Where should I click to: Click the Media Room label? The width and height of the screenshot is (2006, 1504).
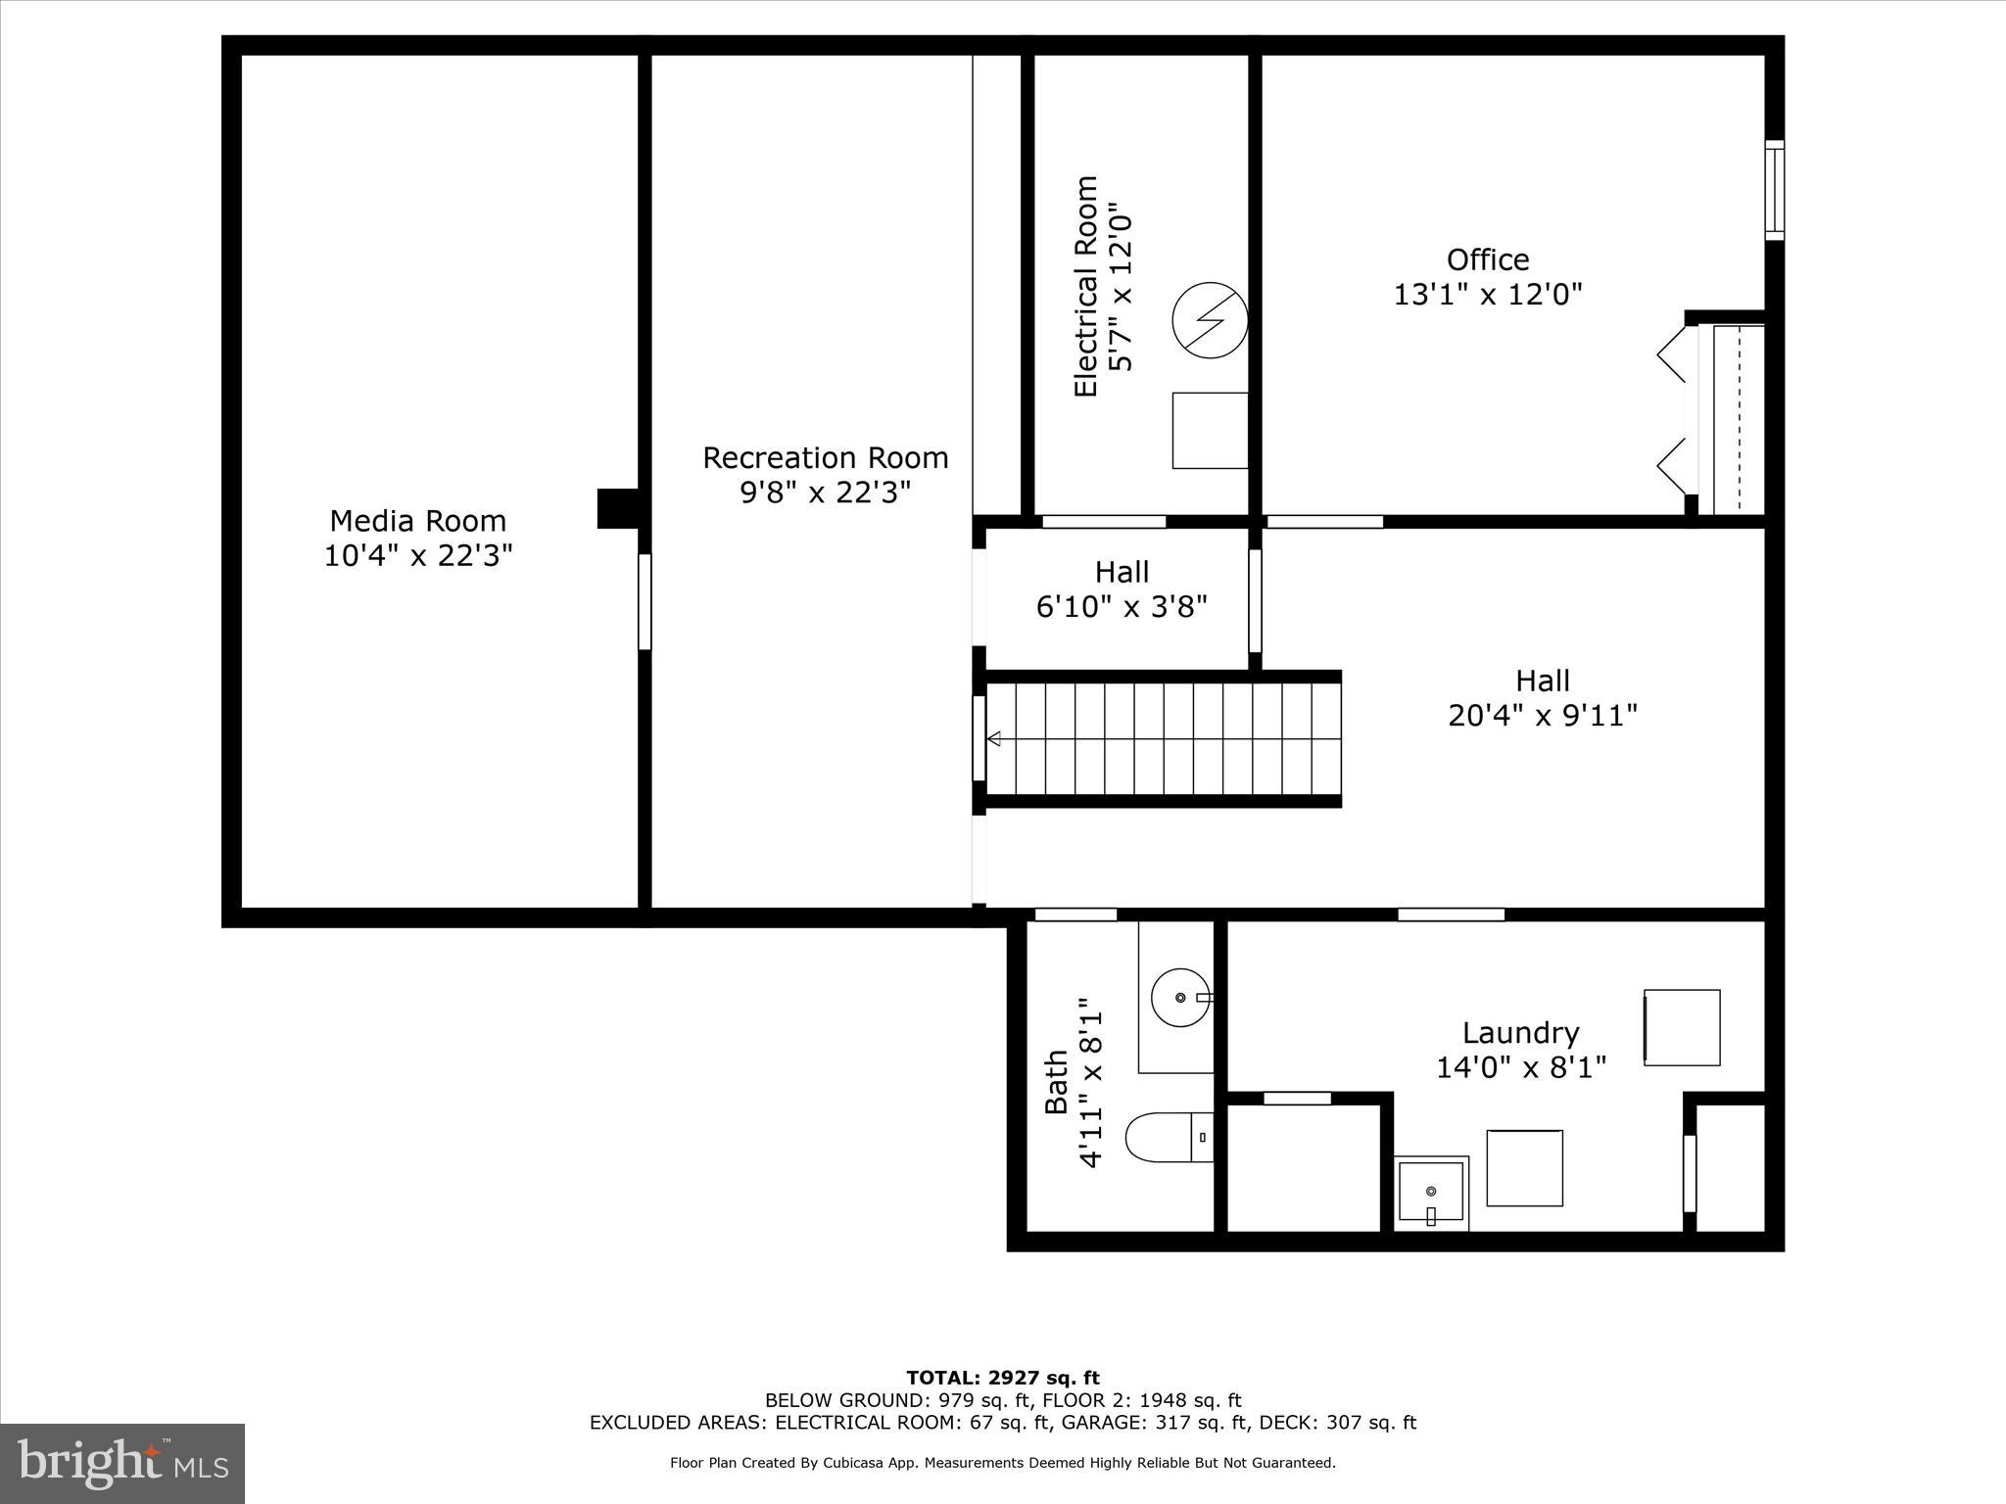[x=417, y=520]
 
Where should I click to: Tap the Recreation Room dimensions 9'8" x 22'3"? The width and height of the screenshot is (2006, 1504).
[x=825, y=492]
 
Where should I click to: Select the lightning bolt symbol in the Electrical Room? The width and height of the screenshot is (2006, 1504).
[x=1211, y=320]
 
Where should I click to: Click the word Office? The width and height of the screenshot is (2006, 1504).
[x=1487, y=259]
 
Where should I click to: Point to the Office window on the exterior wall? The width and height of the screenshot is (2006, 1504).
[x=1774, y=190]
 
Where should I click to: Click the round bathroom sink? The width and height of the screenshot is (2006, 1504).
[x=1180, y=997]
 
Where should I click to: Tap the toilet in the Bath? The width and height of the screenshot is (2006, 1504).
[x=1166, y=1137]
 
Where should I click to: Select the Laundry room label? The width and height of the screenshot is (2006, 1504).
[x=1520, y=1033]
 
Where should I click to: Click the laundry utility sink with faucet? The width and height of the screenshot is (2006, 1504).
[x=1431, y=1192]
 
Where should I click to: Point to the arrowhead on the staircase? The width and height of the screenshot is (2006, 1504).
[x=993, y=738]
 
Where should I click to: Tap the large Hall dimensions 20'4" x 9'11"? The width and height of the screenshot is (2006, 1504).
[x=1542, y=716]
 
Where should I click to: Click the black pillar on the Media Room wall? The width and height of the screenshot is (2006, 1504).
[x=617, y=508]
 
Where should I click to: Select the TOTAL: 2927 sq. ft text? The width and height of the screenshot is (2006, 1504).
[x=1002, y=1378]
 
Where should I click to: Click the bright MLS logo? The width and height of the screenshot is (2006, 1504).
[x=122, y=1463]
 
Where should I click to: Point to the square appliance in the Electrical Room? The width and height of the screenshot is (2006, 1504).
[x=1210, y=430]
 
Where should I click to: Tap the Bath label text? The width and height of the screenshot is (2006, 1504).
[x=1056, y=1082]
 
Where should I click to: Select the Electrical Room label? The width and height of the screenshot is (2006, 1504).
[x=1085, y=286]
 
